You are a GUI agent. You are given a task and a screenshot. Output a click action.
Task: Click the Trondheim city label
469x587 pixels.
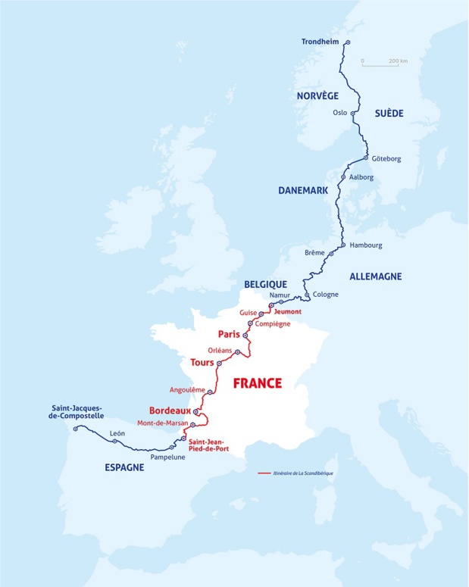(x=322, y=42)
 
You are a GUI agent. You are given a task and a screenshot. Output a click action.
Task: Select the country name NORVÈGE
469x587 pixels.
(x=313, y=95)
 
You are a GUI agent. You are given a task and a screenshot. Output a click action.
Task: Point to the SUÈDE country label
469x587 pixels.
(x=389, y=113)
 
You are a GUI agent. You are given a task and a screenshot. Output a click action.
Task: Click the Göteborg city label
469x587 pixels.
(x=386, y=158)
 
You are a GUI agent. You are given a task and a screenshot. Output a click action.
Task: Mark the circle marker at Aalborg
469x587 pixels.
(x=343, y=176)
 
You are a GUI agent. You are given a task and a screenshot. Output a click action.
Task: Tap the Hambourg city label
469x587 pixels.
(x=366, y=245)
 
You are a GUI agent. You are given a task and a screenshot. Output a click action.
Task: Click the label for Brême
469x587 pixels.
(x=314, y=252)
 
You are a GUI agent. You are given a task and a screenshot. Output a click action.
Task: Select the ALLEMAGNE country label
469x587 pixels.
(x=375, y=276)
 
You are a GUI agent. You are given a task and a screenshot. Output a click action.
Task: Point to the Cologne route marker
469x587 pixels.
(x=307, y=295)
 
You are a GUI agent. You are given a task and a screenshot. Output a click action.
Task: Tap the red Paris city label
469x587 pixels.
(x=229, y=333)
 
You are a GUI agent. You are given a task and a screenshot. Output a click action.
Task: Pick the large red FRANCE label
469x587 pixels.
(x=257, y=383)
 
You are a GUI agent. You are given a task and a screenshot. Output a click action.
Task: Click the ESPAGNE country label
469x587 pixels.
(x=124, y=468)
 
